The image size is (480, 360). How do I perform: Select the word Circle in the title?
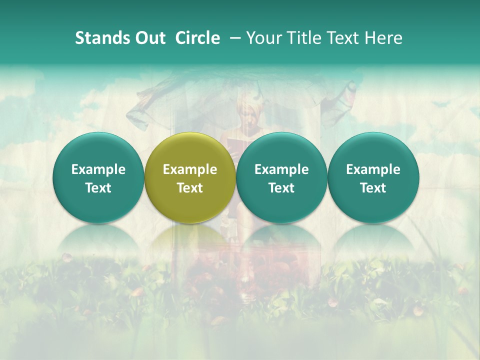(x=197, y=38)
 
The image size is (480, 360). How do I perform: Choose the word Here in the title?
(x=384, y=38)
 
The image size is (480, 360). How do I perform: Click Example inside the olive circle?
(x=190, y=169)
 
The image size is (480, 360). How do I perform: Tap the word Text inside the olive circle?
(x=190, y=188)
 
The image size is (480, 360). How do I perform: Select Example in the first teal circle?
(x=98, y=169)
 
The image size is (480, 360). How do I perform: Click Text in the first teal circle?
(x=98, y=188)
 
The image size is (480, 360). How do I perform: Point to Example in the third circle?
(x=281, y=169)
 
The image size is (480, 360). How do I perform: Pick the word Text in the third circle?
(x=281, y=188)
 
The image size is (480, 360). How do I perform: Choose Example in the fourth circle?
(x=373, y=169)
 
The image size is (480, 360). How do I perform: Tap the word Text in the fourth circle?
(x=373, y=188)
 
